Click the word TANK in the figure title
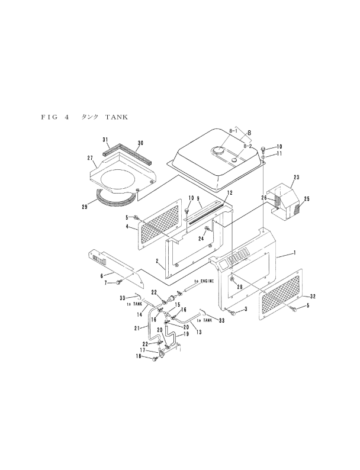pos(117,117)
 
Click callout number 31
pos(105,140)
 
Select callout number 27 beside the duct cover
pos(90,158)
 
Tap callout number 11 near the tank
pos(279,153)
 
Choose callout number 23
pos(296,176)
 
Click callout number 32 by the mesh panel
pos(313,296)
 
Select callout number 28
pos(240,286)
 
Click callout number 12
pos(229,193)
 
